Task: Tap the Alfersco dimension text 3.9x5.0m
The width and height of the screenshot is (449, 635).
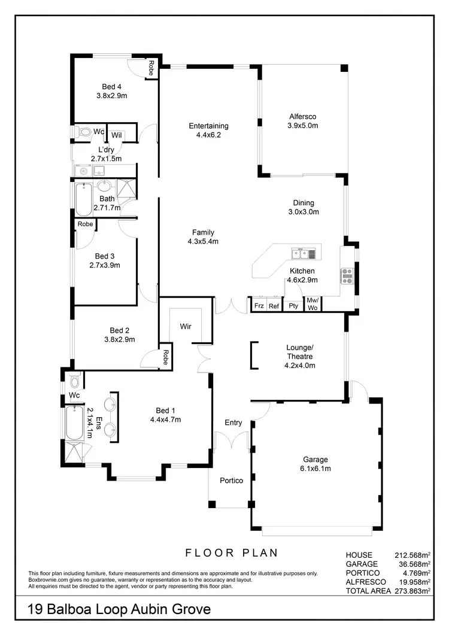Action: [302, 126]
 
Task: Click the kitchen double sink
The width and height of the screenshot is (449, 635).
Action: [304, 254]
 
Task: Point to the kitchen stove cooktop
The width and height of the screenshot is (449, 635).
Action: [347, 275]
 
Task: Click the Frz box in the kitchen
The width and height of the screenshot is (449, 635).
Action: [259, 306]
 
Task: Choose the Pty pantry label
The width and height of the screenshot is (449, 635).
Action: [293, 306]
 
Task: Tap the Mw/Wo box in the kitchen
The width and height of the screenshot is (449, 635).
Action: [313, 303]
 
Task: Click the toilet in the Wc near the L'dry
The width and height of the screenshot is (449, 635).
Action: [83, 132]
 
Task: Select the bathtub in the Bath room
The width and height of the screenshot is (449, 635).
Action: [83, 200]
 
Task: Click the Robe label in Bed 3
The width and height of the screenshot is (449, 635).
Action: [85, 224]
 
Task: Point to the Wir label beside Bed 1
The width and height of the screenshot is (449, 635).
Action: [185, 327]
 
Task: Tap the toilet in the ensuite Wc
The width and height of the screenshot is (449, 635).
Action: [74, 381]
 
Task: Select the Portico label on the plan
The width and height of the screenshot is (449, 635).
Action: [231, 480]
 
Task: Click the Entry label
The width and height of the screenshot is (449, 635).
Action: [233, 423]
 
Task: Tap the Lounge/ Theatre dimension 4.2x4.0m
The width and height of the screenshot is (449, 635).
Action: [299, 365]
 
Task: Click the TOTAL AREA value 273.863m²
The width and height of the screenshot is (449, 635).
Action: [412, 591]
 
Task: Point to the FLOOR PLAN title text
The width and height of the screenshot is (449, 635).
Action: [231, 552]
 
